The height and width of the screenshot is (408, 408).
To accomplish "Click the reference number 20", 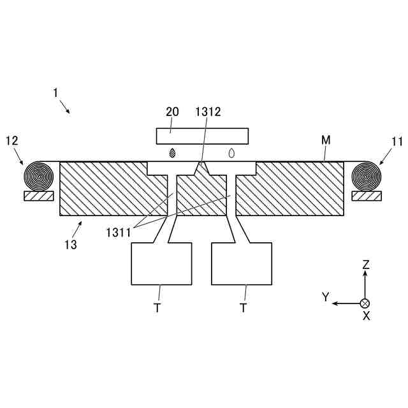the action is (x=172, y=112).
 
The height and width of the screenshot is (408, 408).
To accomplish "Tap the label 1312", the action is (x=208, y=112).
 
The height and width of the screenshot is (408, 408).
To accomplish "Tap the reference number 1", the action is (x=55, y=93).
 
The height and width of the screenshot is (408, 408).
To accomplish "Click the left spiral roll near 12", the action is (x=39, y=175).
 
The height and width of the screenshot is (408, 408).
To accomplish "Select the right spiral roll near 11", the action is (x=368, y=175).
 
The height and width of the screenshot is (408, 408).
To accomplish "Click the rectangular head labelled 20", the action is (x=202, y=136).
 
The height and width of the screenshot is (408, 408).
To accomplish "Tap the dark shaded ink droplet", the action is (x=172, y=154).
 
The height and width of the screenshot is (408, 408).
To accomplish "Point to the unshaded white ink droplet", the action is (x=231, y=154).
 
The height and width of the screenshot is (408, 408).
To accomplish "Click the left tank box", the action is (x=161, y=263).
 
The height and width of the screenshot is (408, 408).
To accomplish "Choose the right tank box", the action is (x=242, y=263).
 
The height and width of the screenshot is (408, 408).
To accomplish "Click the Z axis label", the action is (x=365, y=263).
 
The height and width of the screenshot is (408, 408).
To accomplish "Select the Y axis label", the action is (x=325, y=297).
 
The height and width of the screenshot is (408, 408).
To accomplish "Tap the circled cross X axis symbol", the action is (x=365, y=303).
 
